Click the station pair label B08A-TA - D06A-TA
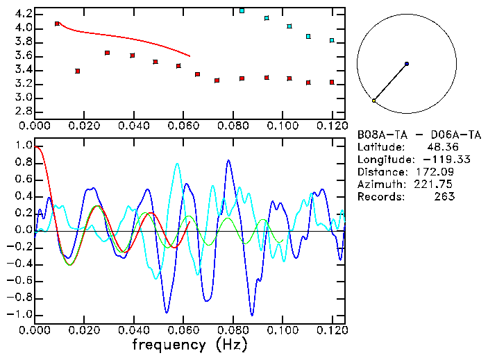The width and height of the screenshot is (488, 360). [x=419, y=135]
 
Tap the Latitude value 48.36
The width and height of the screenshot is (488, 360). [x=441, y=147]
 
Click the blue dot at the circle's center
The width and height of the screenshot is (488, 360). [x=407, y=64]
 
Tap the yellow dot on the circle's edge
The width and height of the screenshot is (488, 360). [x=374, y=101]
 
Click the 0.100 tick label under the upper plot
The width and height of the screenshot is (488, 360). [x=283, y=126]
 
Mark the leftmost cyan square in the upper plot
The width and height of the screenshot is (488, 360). [x=242, y=10]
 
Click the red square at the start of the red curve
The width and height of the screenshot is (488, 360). [x=57, y=24]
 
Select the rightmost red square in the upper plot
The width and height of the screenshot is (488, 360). [x=332, y=83]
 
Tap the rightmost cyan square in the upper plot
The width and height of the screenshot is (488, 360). [x=332, y=40]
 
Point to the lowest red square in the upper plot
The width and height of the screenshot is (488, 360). [x=308, y=83]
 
